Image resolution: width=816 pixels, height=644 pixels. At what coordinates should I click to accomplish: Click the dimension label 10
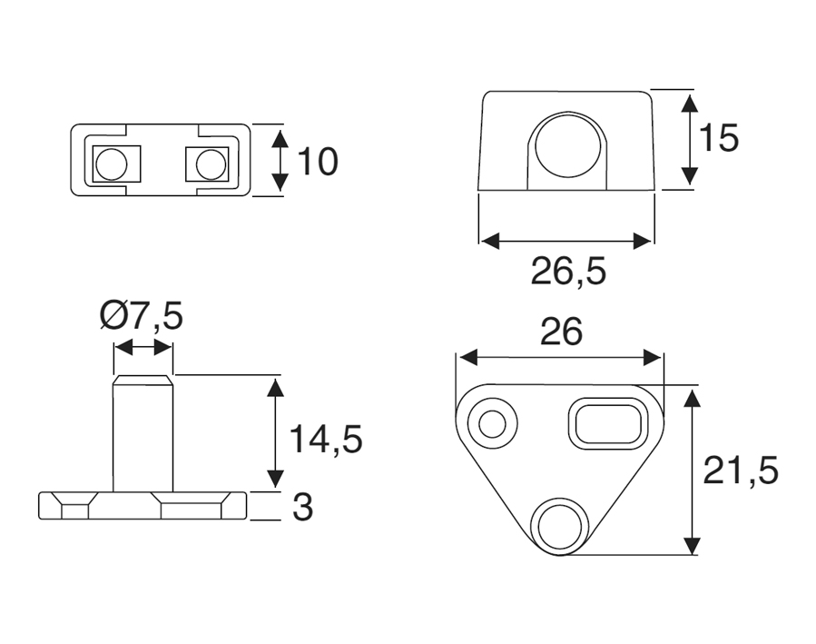[x=318, y=162]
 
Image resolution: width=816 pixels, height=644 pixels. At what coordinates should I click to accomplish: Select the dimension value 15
[x=719, y=139]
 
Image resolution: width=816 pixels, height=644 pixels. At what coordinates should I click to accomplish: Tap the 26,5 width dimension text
[x=568, y=272]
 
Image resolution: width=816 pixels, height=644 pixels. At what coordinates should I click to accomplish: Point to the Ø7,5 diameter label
[x=143, y=317]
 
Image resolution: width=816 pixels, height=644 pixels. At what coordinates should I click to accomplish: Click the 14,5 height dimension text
[x=326, y=439]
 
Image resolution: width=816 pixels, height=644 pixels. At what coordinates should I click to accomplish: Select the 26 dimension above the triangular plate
[x=561, y=333]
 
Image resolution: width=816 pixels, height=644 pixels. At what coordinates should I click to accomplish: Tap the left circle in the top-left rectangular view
[x=112, y=164]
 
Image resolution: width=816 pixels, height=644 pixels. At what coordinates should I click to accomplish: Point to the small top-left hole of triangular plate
[x=493, y=423]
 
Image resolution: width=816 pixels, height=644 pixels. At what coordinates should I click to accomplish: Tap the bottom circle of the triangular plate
[x=559, y=525]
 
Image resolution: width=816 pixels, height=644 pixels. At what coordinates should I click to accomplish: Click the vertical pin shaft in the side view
[x=143, y=434]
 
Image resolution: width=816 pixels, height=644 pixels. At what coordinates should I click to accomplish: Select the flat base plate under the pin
[x=143, y=506]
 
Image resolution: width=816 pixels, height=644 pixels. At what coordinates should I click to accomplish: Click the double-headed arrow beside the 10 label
[x=280, y=162]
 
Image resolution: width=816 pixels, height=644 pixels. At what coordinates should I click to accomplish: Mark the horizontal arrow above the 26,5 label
[x=565, y=241]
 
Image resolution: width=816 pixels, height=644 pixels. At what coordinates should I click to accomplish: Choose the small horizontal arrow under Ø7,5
[x=143, y=348]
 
